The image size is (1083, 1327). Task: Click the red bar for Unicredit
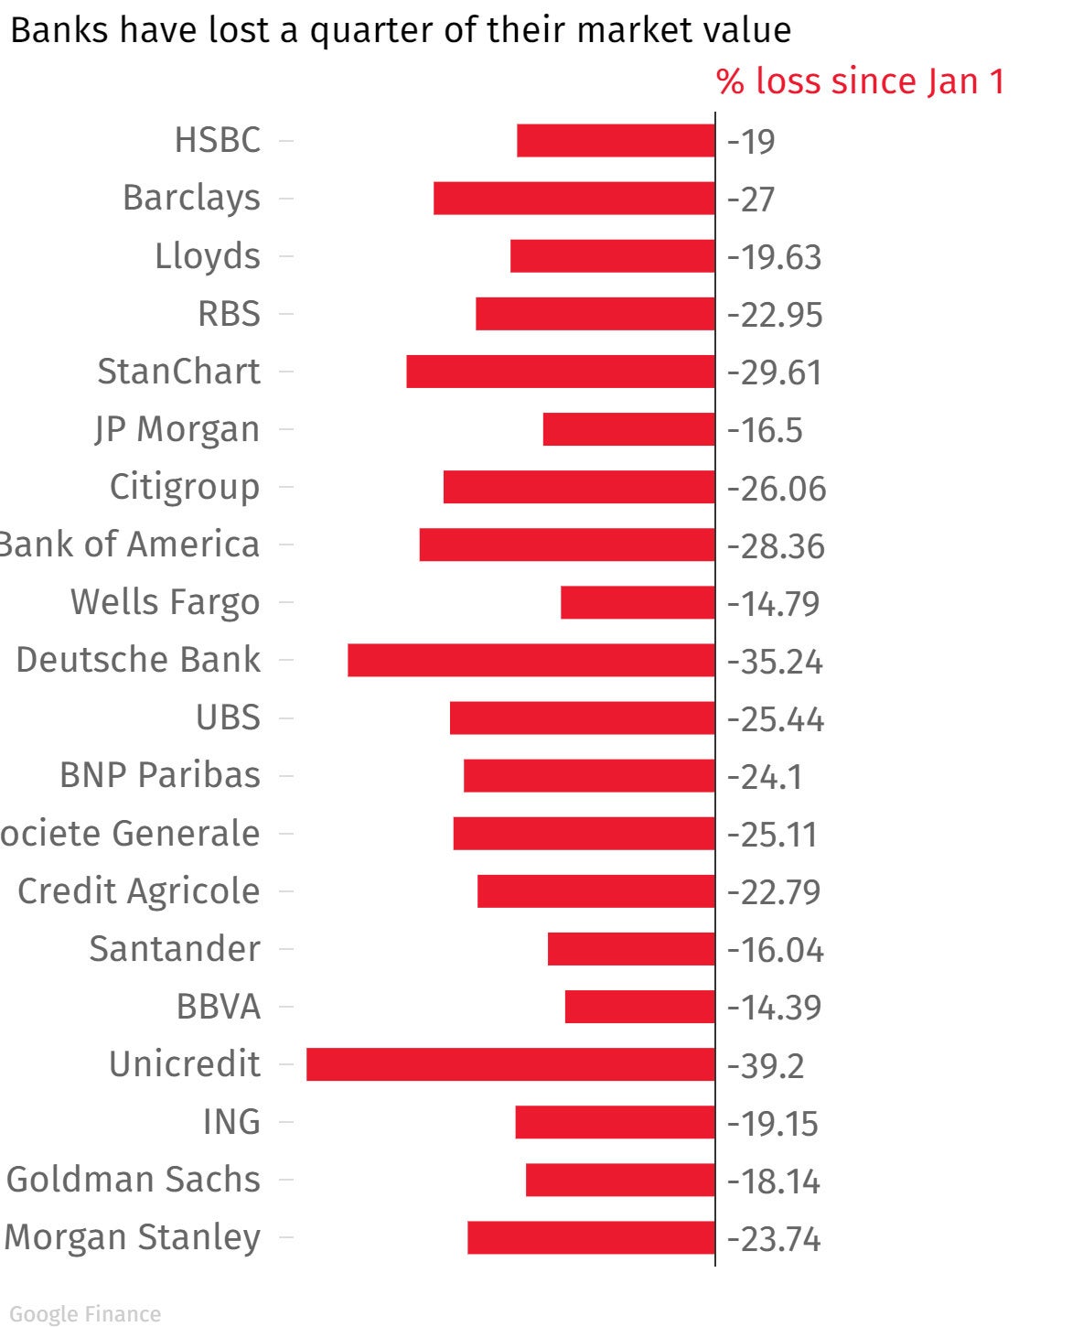[x=510, y=1064]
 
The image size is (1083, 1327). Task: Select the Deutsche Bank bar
[x=531, y=661]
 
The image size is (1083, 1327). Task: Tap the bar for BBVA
[x=639, y=1007]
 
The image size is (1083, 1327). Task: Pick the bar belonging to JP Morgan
[x=628, y=430]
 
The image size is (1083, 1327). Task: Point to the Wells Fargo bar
[x=638, y=603]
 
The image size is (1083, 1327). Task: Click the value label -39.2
[x=766, y=1066]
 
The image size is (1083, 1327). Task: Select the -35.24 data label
[x=775, y=662]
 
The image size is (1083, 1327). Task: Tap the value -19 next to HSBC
[x=751, y=142]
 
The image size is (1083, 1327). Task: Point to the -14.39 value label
[x=774, y=1008]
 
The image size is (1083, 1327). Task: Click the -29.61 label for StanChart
[x=774, y=373]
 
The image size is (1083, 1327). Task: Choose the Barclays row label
[x=191, y=199]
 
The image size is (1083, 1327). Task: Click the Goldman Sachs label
[x=134, y=1180]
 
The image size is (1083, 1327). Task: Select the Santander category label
[x=175, y=949]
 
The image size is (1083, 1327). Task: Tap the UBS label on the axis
[x=228, y=717]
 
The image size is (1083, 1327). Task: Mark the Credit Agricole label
[x=139, y=891]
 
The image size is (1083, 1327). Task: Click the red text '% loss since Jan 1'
[x=860, y=81]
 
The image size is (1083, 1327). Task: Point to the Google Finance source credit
[x=85, y=1314]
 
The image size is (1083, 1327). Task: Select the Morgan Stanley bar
[x=591, y=1237]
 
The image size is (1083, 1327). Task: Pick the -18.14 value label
[x=774, y=1181]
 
